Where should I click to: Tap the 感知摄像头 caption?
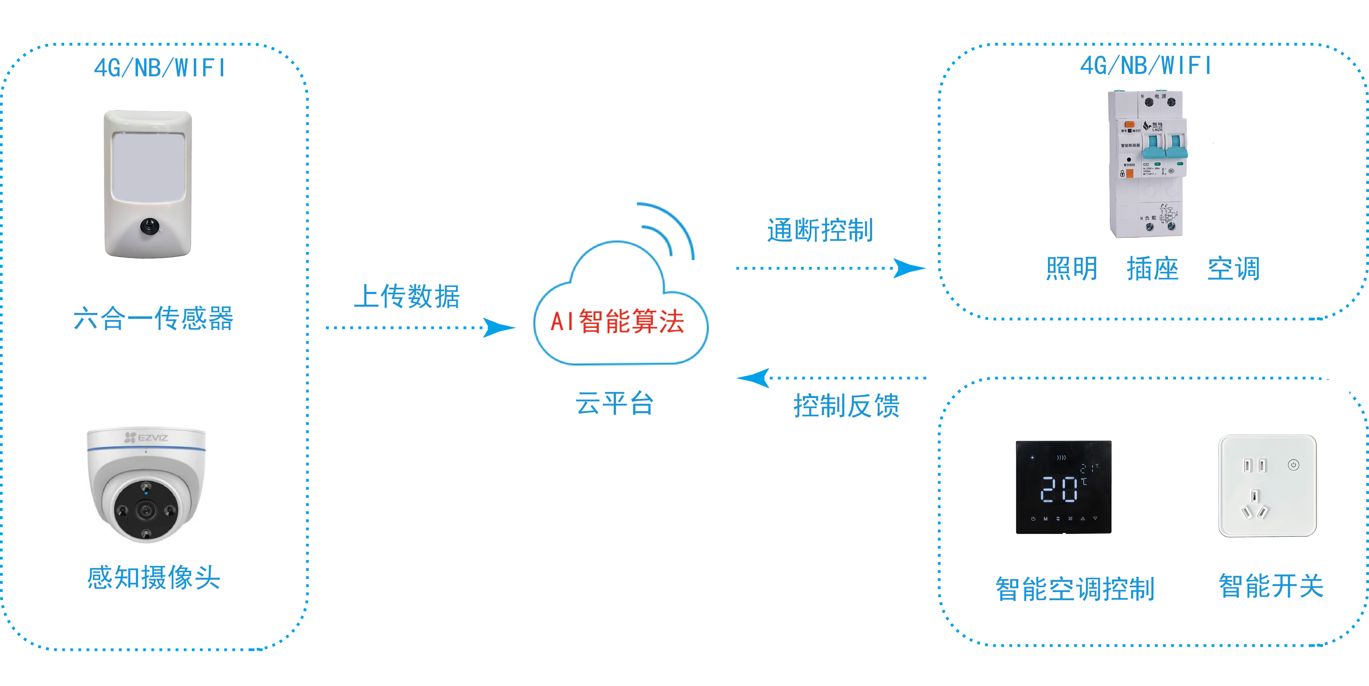[154, 578]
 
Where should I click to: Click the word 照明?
[1071, 269]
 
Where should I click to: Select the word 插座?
[1152, 269]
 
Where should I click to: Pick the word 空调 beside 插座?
[1233, 269]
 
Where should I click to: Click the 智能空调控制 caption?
[1075, 589]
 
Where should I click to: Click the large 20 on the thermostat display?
[1059, 489]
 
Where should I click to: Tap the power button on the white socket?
[1294, 465]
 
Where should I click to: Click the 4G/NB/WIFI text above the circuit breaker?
[1145, 66]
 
